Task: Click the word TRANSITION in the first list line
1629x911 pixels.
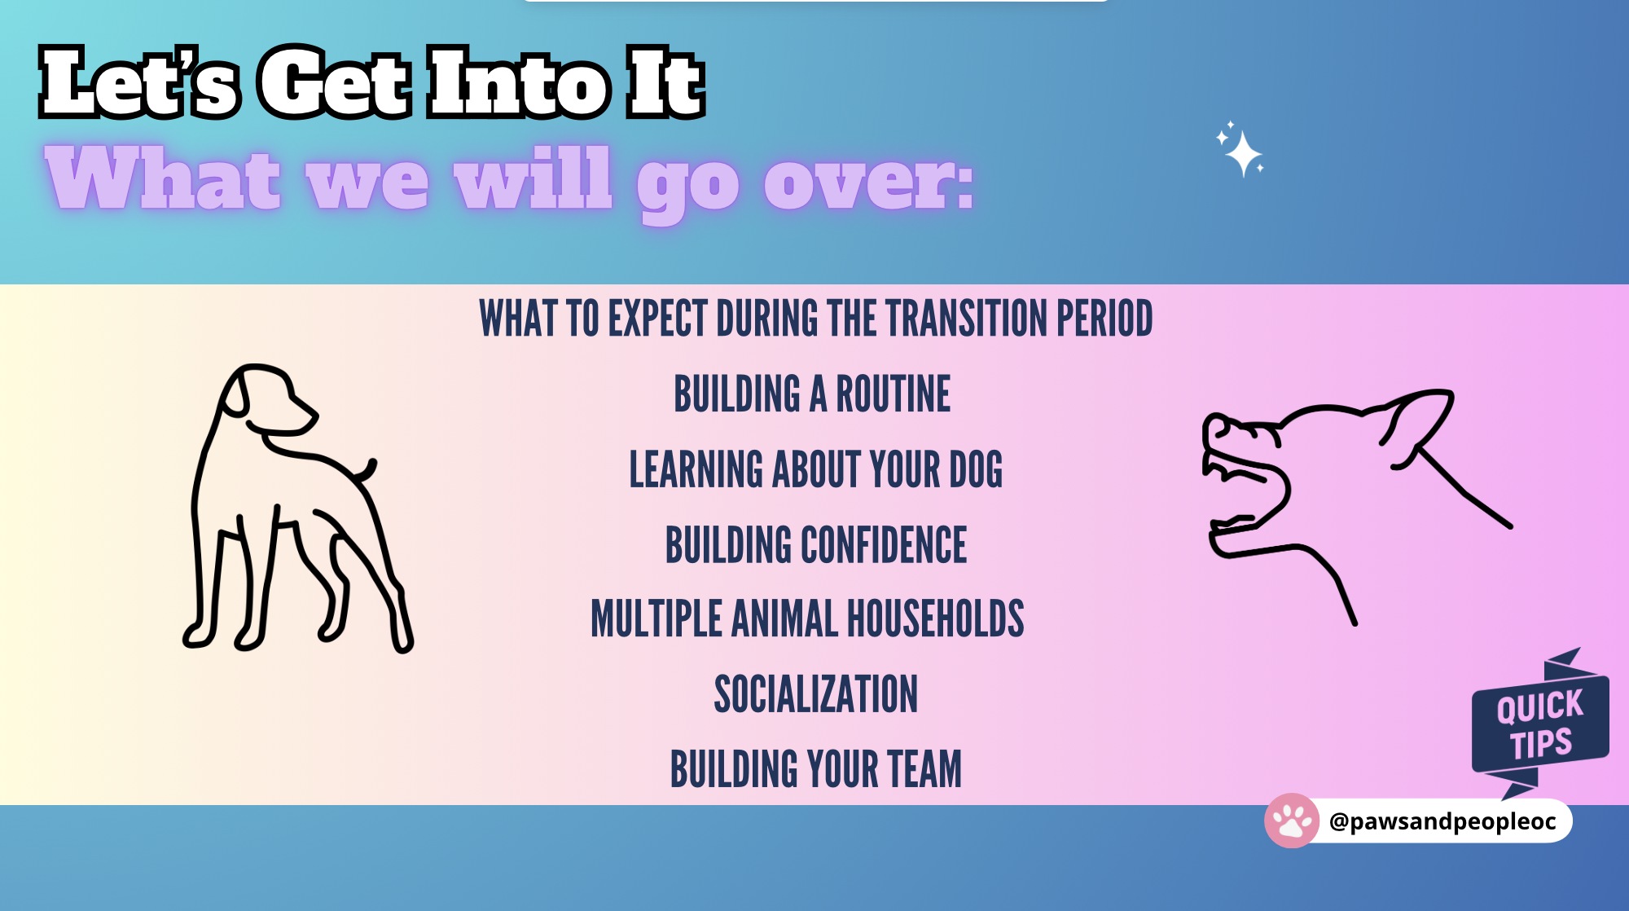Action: [967, 318]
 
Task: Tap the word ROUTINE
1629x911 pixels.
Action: [893, 394]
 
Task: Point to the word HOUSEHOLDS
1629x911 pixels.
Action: [936, 618]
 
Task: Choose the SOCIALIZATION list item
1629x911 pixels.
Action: [815, 694]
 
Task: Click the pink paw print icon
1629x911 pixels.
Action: [1292, 821]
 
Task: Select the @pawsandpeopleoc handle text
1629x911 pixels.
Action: [1442, 821]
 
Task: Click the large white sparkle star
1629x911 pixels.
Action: [1243, 153]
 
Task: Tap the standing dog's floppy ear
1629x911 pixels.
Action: [235, 394]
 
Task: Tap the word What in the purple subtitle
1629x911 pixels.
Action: [163, 178]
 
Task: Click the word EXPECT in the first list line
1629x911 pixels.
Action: [657, 318]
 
